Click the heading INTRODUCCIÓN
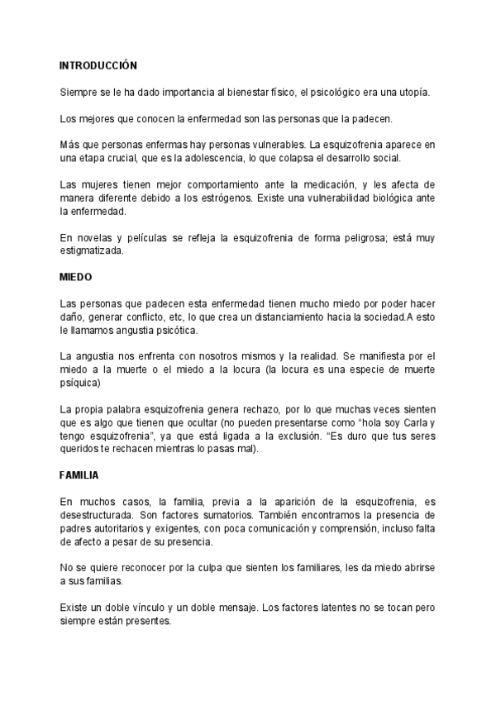click(x=98, y=64)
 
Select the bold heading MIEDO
click(x=75, y=276)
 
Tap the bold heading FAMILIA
click(x=79, y=476)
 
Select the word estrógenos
click(x=282, y=197)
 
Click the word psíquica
click(x=81, y=384)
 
